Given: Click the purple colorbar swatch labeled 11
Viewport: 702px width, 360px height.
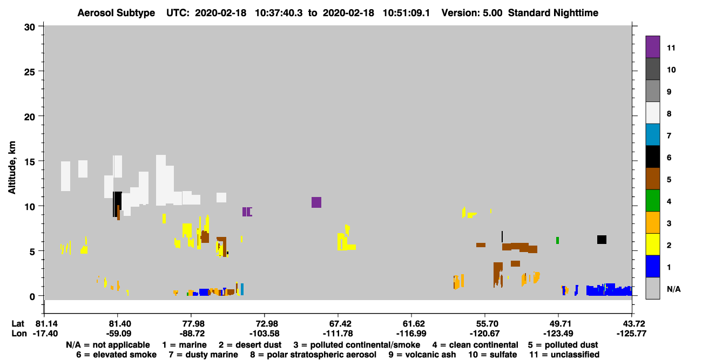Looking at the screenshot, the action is (x=653, y=47).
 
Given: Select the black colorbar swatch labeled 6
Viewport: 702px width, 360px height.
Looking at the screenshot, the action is (x=653, y=157).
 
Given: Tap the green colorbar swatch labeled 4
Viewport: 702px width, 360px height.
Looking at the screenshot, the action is (x=653, y=201).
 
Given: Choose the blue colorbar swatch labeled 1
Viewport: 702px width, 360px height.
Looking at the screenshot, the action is (x=653, y=266).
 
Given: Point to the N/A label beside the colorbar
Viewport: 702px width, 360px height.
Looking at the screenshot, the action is (x=673, y=289).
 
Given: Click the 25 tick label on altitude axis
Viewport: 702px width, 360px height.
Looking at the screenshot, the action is (x=30, y=72).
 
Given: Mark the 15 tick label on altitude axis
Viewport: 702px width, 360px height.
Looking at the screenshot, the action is (x=30, y=162).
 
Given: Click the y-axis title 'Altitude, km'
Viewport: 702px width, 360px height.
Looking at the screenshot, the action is (x=11, y=168).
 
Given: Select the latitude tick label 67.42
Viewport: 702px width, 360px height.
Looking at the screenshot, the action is (x=338, y=323).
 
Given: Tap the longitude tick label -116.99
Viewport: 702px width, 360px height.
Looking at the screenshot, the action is (x=411, y=334).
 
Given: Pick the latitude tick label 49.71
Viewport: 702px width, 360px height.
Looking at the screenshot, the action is (x=558, y=323).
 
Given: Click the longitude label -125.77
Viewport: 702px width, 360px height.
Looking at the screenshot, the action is (x=631, y=334).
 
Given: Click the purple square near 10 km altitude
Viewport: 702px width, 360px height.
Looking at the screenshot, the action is (x=316, y=202).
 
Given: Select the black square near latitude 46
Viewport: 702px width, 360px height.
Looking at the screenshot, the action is (x=602, y=240).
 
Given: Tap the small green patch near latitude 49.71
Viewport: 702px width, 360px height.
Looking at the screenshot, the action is (x=557, y=240).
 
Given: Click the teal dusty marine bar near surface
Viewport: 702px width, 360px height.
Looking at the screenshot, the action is (x=242, y=289).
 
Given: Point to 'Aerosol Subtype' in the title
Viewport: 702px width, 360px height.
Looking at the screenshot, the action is (x=116, y=13).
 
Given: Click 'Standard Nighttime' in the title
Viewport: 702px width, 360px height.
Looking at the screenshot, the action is (x=553, y=13).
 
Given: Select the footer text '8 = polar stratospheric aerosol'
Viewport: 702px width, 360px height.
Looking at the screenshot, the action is (x=313, y=355).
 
